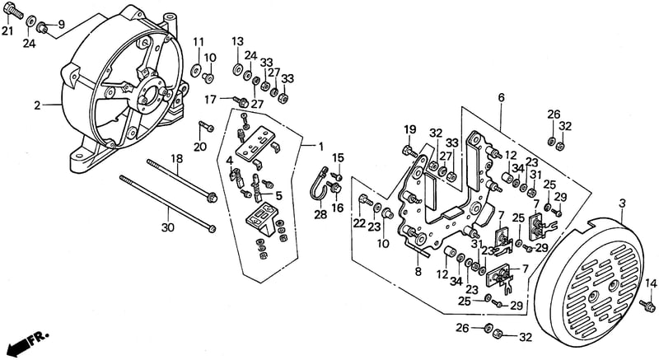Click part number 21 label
[x=7, y=30]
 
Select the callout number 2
[x=37, y=105]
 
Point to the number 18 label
[x=177, y=159]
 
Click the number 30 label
[x=168, y=227]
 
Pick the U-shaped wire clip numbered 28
[x=320, y=186]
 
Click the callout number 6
[x=501, y=98]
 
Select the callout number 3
[x=623, y=203]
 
